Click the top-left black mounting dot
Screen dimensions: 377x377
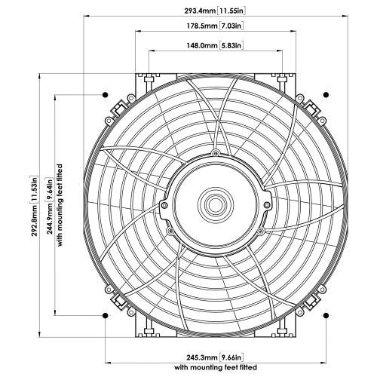click(x=105, y=95)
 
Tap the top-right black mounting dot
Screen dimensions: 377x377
click(x=326, y=95)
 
